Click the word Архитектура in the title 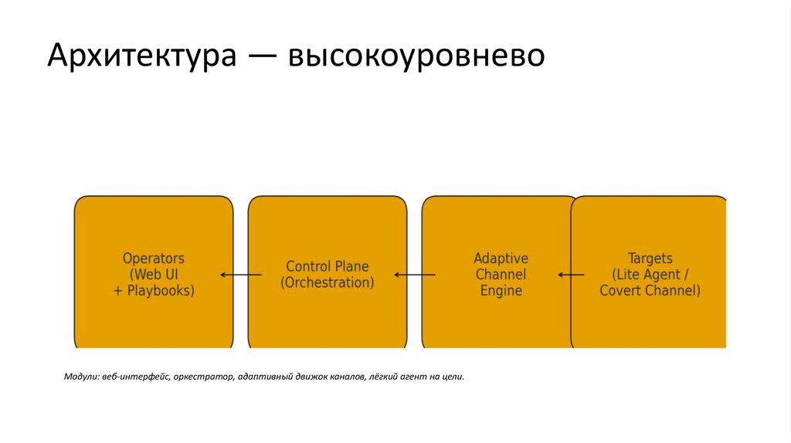click(x=141, y=57)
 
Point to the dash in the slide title click(x=262, y=57)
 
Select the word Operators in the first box click(x=154, y=258)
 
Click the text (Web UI click(x=154, y=274)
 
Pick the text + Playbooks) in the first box click(x=154, y=290)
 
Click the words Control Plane click(x=328, y=266)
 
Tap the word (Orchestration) click(x=328, y=282)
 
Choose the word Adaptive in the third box click(x=501, y=258)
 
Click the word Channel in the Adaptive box click(x=501, y=274)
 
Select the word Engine click(x=501, y=290)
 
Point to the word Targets click(x=650, y=258)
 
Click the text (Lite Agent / click(x=650, y=274)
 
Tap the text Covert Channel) click(x=650, y=290)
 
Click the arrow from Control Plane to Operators click(x=240, y=275)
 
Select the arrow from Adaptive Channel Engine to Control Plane click(x=415, y=275)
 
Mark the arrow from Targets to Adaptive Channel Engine click(x=572, y=275)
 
